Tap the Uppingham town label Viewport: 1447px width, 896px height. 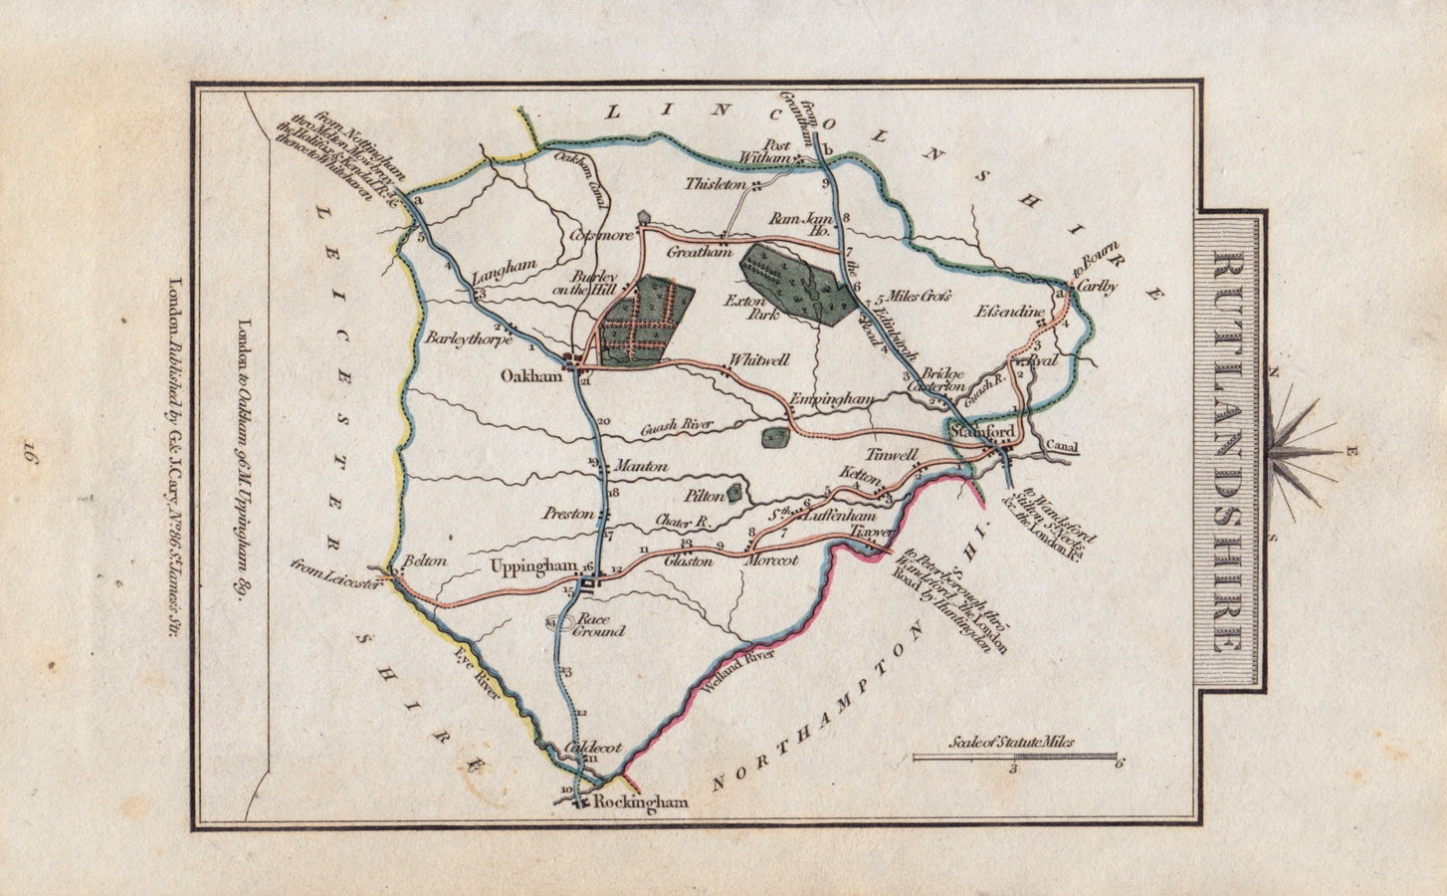pos(534,565)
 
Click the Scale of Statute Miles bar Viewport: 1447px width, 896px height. pos(1015,757)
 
